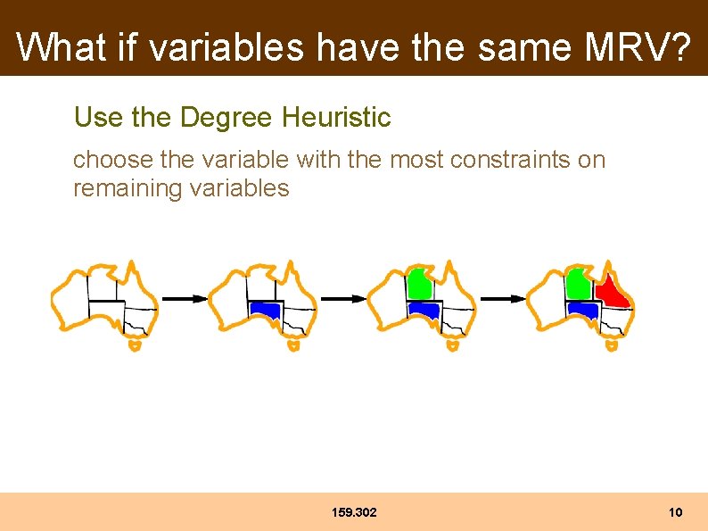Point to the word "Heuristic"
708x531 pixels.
336,117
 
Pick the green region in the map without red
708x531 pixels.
419,285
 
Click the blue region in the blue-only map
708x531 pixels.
265,311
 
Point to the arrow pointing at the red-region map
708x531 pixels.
503,299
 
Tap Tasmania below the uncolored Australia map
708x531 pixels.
134,344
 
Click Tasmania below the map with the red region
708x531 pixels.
611,344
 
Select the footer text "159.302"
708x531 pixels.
354,512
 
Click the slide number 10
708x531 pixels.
675,512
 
